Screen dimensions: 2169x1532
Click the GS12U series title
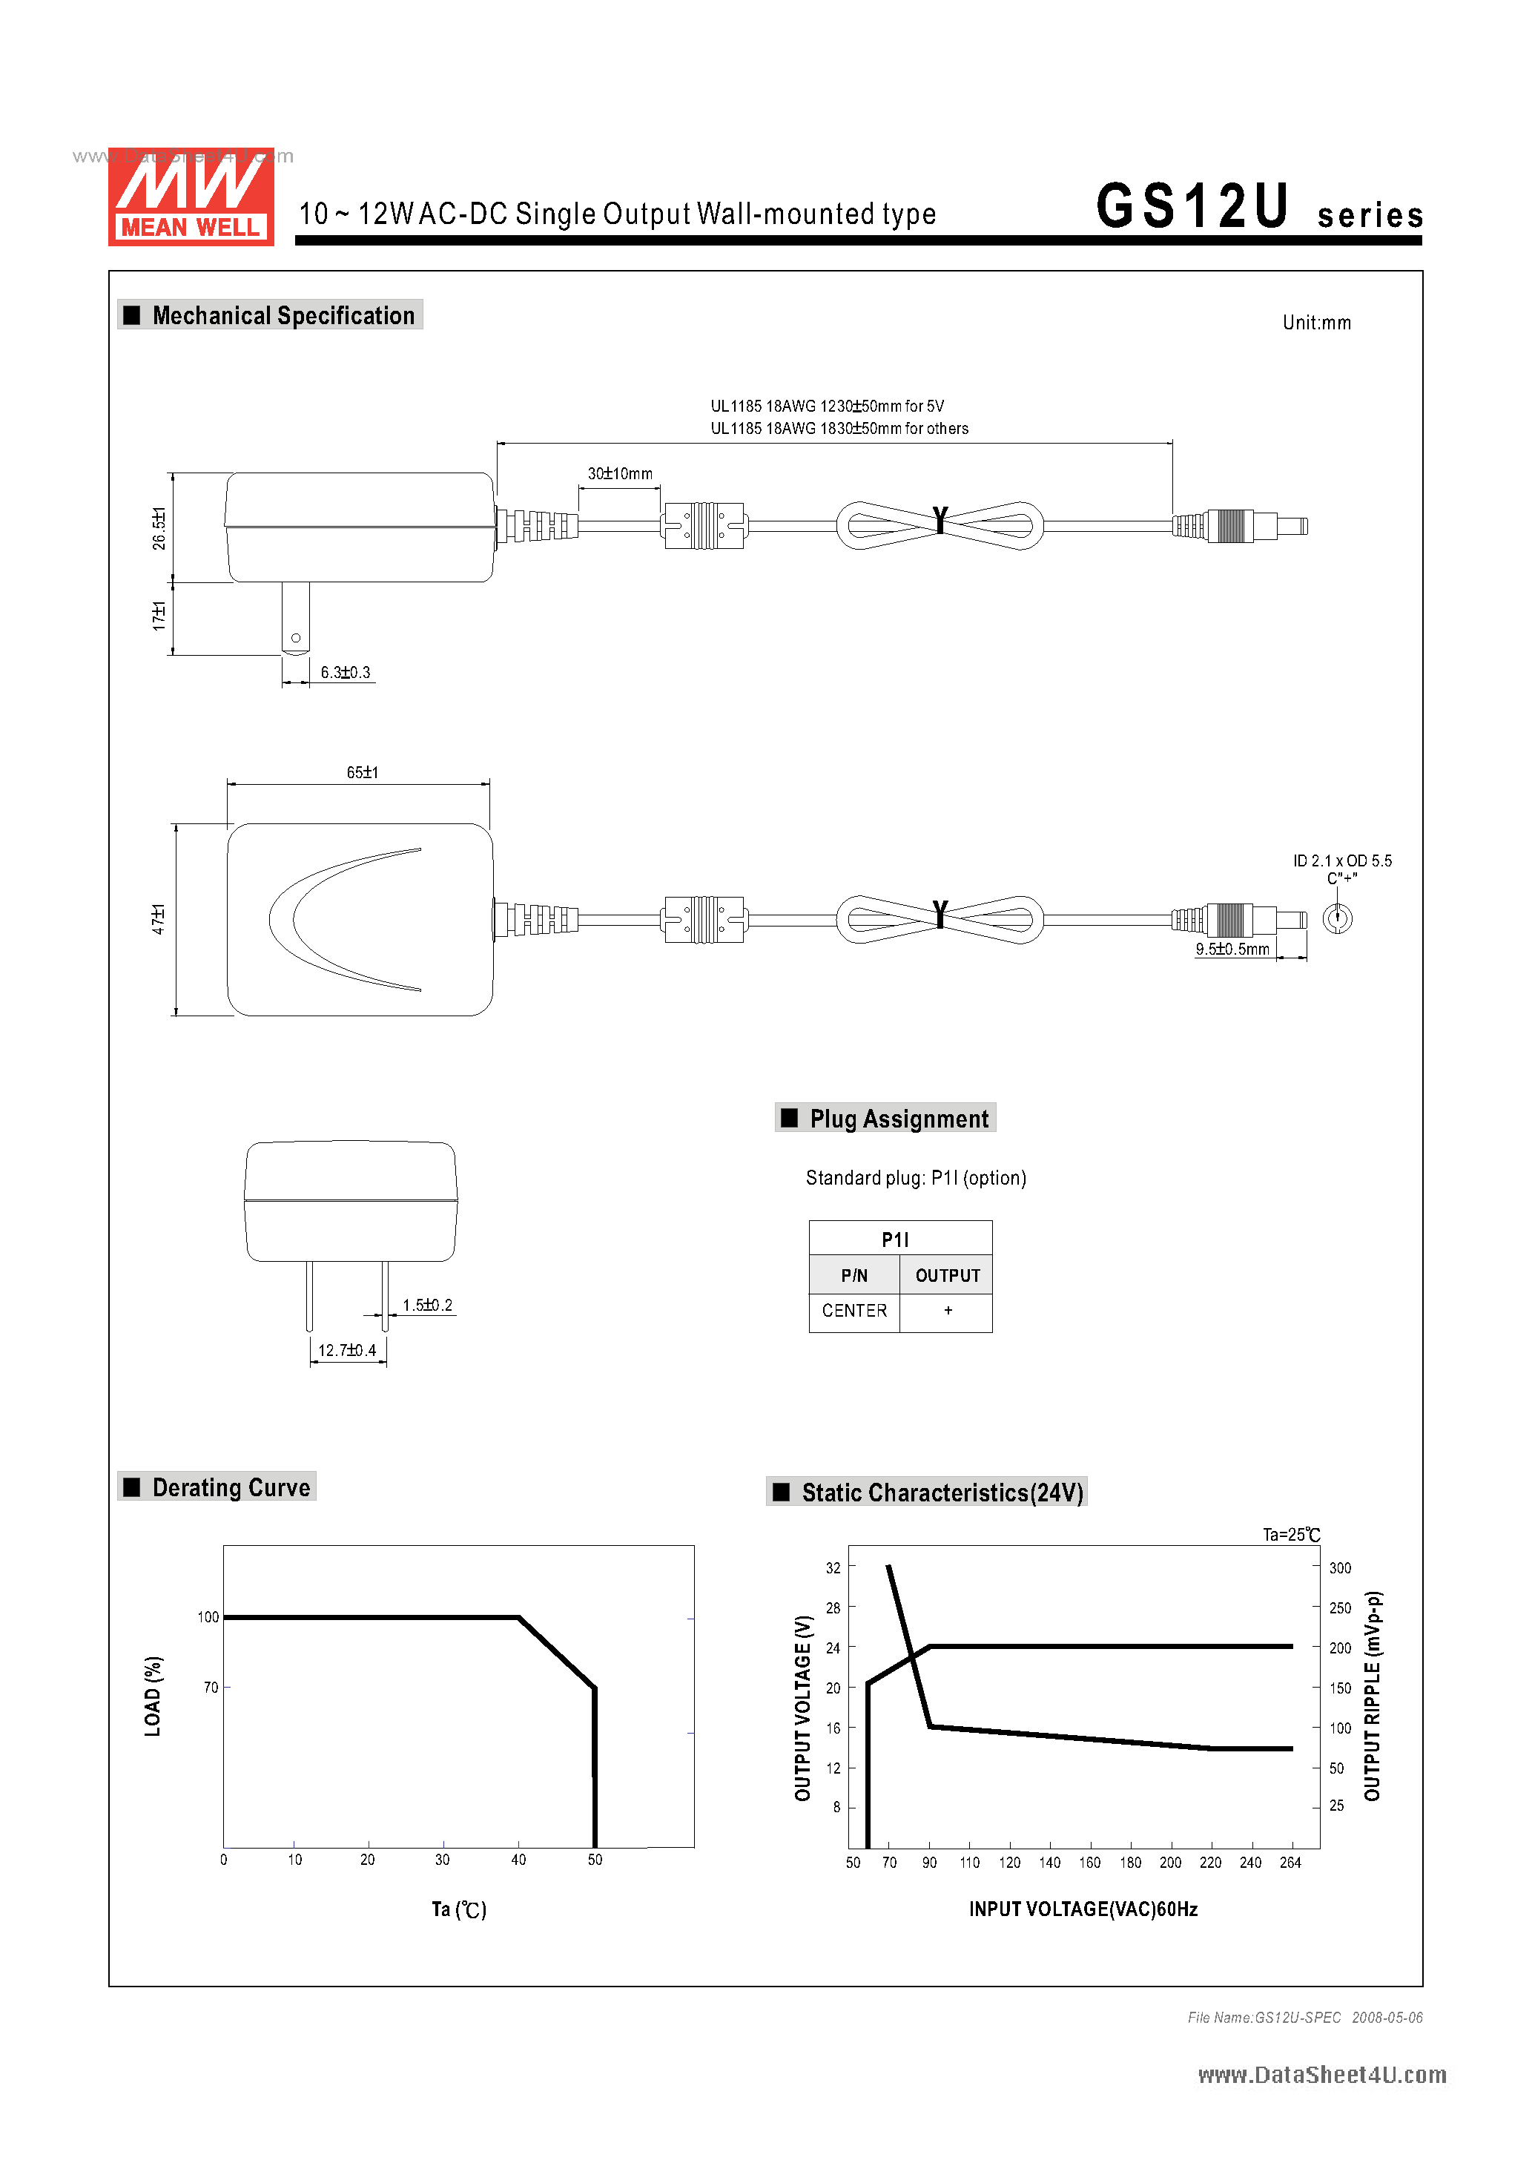[x=1258, y=207]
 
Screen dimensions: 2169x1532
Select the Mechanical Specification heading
[x=283, y=315]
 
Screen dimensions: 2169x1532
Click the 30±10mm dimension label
[x=620, y=473]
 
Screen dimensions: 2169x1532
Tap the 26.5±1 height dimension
[x=159, y=527]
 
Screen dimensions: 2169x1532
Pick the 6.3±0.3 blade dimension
[x=345, y=673]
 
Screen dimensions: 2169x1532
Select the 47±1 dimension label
[x=159, y=918]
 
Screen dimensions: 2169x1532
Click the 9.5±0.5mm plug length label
[x=1232, y=949]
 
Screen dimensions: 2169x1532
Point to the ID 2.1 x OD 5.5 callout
[x=1341, y=860]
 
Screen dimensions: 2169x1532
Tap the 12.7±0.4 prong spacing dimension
[x=346, y=1350]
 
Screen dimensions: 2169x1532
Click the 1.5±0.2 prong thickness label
[x=427, y=1305]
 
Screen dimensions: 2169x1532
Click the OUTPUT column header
[x=948, y=1275]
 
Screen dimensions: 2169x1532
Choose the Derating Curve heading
[x=231, y=1488]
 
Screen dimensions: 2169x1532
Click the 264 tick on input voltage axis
[x=1290, y=1862]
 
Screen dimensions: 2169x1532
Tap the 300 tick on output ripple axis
[x=1339, y=1567]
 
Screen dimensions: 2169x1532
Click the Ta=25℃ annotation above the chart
[x=1291, y=1534]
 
